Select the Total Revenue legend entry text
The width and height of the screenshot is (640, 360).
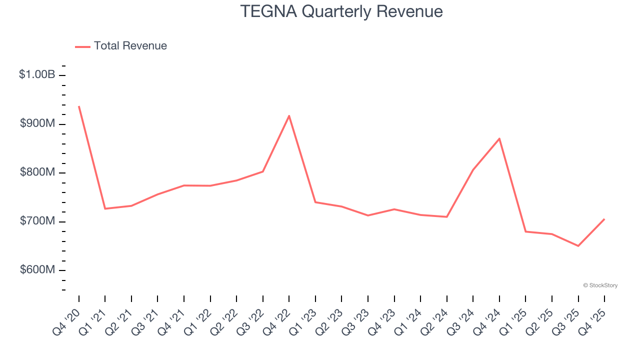tap(130, 46)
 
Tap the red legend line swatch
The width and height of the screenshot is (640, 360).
tap(82, 46)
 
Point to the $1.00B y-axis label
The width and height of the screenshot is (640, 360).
tap(37, 74)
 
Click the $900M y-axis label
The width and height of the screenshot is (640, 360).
tap(37, 123)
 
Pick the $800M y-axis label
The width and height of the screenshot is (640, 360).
tap(37, 172)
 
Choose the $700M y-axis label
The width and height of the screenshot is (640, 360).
tap(37, 221)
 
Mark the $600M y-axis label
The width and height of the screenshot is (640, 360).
tap(37, 270)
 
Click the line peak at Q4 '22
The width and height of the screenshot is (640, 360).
tap(289, 116)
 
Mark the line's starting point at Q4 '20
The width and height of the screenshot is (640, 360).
tap(79, 106)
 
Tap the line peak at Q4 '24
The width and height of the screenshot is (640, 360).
tap(499, 138)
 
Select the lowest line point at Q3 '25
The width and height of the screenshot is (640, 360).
tap(578, 245)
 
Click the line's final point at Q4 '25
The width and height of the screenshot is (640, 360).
tap(604, 219)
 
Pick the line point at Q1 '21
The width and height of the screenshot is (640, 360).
tap(105, 208)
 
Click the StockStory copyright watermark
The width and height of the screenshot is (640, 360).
tap(600, 285)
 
